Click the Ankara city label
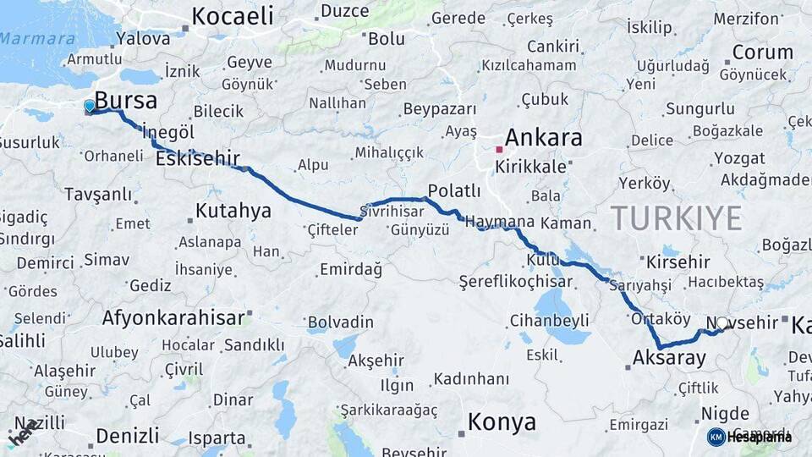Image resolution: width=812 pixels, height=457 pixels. pos(544,137)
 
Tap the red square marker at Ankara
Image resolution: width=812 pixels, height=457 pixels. pos(499,149)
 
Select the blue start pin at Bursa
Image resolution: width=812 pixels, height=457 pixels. pos(90,106)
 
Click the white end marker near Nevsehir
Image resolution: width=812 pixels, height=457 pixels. pos(721,322)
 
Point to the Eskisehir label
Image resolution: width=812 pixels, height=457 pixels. pos(198,158)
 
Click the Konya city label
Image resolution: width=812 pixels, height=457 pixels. pos(502,421)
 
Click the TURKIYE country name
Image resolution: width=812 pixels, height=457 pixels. pos(676,218)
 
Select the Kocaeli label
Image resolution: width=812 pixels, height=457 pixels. pos(233,15)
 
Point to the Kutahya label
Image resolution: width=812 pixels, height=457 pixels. pos(233,210)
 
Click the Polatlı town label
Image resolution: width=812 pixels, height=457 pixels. pos(454,190)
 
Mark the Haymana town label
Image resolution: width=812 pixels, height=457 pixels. pos(501,221)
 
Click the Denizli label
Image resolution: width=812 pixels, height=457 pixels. pos(127,436)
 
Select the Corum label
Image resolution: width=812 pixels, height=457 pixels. pos(762,52)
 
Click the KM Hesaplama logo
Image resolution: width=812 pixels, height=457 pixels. pos(749,437)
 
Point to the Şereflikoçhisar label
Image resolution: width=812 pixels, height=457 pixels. pos(515,281)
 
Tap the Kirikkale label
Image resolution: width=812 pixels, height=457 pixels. pos(530,167)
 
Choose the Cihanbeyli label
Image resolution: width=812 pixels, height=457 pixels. pos(549,321)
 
